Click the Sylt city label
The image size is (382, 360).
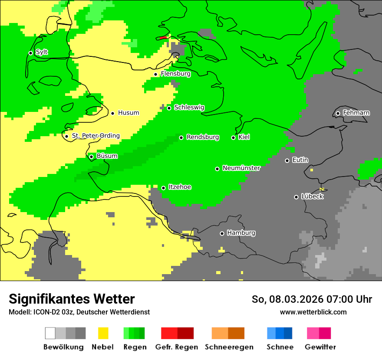pos(42,52)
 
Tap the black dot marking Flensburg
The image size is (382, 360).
pos(155,74)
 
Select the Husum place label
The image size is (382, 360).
pos(128,113)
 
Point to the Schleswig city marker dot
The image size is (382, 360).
pos(169,108)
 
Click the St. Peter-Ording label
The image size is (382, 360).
pos(95,136)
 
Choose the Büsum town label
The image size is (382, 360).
pos(107,156)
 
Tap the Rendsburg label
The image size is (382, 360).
pos(203,137)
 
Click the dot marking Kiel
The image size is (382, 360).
pos(233,137)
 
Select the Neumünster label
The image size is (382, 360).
pos(241,168)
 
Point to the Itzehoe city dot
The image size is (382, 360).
pos(163,188)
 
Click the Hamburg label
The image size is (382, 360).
pos(241,233)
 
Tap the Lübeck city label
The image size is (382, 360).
pos(312,196)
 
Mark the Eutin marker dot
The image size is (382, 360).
pos(287,160)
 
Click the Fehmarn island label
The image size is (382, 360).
pos(356,113)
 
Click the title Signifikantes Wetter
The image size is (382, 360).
pos(72,299)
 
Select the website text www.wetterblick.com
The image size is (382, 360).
pos(313,312)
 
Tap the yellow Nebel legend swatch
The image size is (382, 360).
pos(103,333)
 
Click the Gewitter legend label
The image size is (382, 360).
pos(320,347)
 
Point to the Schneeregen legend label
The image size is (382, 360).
pos(229,347)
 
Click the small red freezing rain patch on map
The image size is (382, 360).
pos(163,38)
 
